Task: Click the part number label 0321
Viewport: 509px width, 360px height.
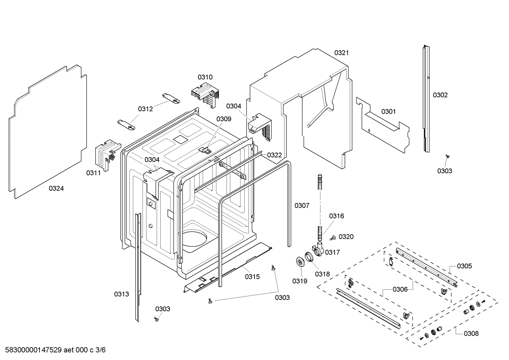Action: click(341, 53)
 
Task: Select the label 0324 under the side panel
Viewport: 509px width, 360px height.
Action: click(56, 189)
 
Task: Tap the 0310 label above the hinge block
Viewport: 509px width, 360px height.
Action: click(205, 77)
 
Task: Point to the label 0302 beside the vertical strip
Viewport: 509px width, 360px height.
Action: click(440, 95)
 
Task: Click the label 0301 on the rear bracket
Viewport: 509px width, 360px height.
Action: click(388, 112)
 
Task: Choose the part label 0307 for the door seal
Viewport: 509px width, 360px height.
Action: click(302, 206)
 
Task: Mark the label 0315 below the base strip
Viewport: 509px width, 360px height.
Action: click(252, 277)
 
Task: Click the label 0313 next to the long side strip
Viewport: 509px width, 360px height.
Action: click(121, 294)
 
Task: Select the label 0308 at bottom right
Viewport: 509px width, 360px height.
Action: click(471, 333)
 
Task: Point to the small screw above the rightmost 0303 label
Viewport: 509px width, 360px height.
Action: click(447, 156)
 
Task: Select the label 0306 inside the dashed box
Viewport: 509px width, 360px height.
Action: click(400, 290)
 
